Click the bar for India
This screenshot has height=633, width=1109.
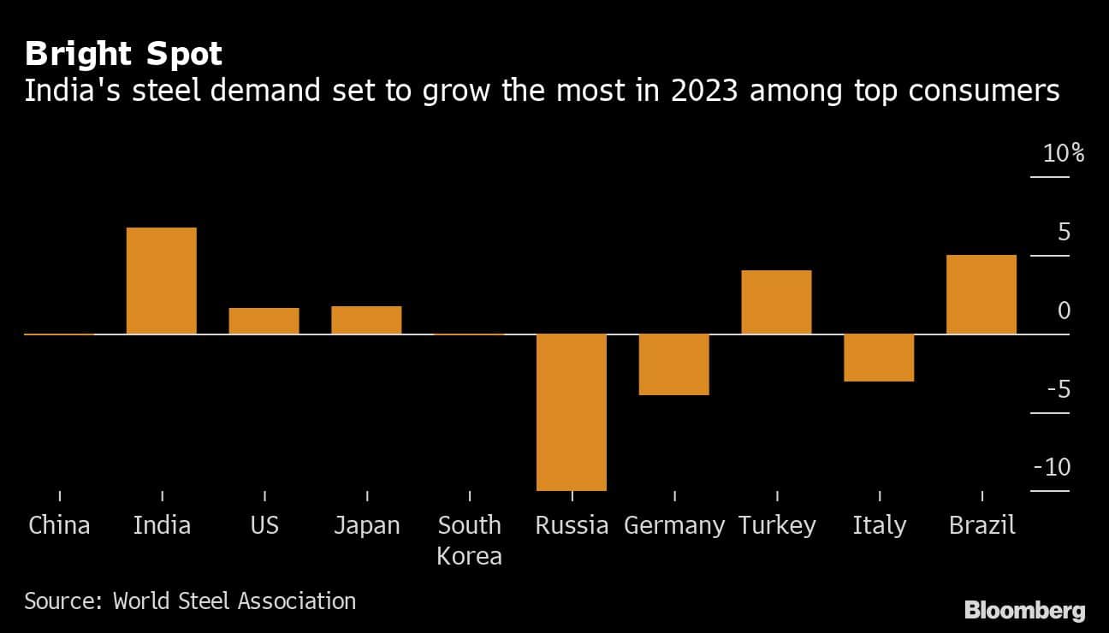pos(162,281)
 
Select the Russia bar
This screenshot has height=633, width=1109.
pos(572,411)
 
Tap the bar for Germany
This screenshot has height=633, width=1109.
pos(674,364)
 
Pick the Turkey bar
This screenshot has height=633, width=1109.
pos(776,302)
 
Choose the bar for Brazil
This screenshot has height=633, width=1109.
pos(981,294)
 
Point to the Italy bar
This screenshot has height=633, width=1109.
pos(879,358)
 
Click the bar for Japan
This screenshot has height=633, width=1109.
pos(366,320)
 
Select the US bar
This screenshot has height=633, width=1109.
pos(264,321)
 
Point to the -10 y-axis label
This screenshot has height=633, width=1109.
pos(1053,468)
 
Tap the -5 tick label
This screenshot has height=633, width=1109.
pos(1058,389)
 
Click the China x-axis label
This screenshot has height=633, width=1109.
pos(59,524)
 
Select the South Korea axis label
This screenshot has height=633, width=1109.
pos(469,540)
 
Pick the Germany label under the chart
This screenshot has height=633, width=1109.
pos(674,524)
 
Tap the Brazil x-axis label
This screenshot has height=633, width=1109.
pos(981,524)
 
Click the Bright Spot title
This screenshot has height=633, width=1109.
pos(123,55)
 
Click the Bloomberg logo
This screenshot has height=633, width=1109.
pos(1024,610)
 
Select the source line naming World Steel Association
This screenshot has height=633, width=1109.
pos(190,600)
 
